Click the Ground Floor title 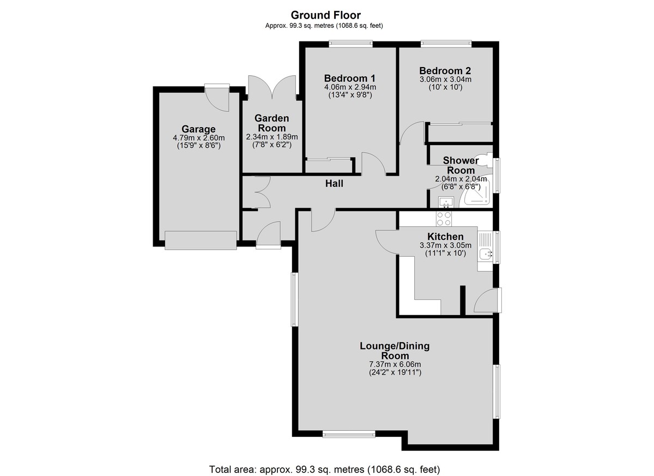(x=325, y=15)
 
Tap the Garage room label (x=198, y=129)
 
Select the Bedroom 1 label (x=350, y=79)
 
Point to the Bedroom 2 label (x=445, y=71)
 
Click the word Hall (x=334, y=183)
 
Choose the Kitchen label (x=445, y=236)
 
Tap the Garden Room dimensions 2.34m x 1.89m (x=272, y=137)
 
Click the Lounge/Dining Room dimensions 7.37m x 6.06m (x=395, y=364)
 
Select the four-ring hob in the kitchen (x=444, y=219)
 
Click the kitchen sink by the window (x=486, y=254)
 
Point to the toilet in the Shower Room (x=485, y=160)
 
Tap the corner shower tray (x=476, y=194)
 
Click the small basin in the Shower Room (x=446, y=202)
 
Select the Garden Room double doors (x=272, y=87)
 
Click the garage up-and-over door (x=201, y=240)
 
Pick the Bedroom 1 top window (x=350, y=44)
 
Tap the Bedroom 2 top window (x=446, y=44)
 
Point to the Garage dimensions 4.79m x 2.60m (x=199, y=137)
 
